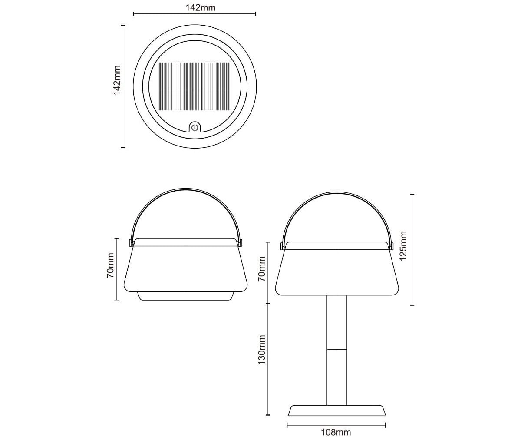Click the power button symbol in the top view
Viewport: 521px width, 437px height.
pos(195,128)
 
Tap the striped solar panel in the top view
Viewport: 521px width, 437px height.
pos(195,86)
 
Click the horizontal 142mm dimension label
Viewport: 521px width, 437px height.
pos(200,8)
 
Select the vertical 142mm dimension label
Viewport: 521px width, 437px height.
pos(117,80)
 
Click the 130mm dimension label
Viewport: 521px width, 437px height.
pos(262,350)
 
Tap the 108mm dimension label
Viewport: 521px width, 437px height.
pos(336,432)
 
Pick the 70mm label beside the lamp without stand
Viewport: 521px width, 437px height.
pos(110,265)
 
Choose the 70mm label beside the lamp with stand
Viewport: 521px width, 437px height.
pos(262,269)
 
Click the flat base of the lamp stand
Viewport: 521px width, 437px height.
pos(337,411)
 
